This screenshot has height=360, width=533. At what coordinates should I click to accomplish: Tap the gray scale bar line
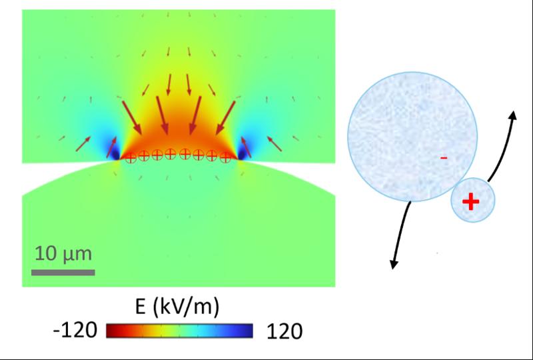click(x=63, y=272)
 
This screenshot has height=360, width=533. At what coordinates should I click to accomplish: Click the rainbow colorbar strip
click(x=180, y=331)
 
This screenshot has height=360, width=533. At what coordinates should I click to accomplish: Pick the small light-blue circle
click(x=472, y=201)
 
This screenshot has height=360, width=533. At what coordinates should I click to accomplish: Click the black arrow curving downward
click(x=402, y=233)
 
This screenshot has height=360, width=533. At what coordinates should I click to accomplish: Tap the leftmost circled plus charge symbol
click(x=131, y=158)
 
